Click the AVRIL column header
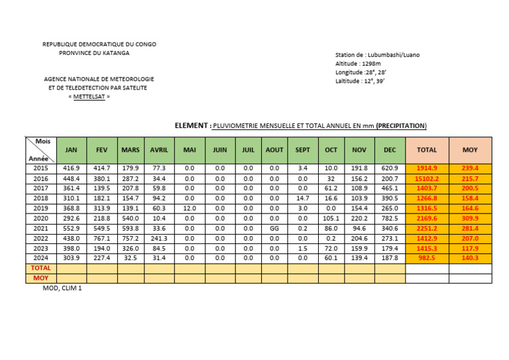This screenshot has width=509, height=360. click(x=159, y=150)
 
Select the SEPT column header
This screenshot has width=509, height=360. click(x=302, y=150)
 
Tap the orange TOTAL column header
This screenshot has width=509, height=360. click(x=426, y=150)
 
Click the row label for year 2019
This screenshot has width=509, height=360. click(x=41, y=208)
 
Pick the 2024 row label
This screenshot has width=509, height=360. click(x=41, y=258)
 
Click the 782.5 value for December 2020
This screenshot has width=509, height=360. click(x=390, y=218)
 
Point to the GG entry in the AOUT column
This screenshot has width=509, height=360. click(x=274, y=228)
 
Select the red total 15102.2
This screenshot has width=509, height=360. click(x=426, y=179)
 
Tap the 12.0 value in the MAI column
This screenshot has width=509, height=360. click(x=189, y=208)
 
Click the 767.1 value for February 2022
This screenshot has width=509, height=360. click(x=102, y=238)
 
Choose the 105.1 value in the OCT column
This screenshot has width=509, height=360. click(x=331, y=218)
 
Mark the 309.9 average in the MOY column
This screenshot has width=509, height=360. click(x=470, y=218)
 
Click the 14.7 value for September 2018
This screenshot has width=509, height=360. click(x=302, y=198)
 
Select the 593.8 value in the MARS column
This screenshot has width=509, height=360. click(x=131, y=228)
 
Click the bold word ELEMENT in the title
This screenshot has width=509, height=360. click(x=191, y=125)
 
